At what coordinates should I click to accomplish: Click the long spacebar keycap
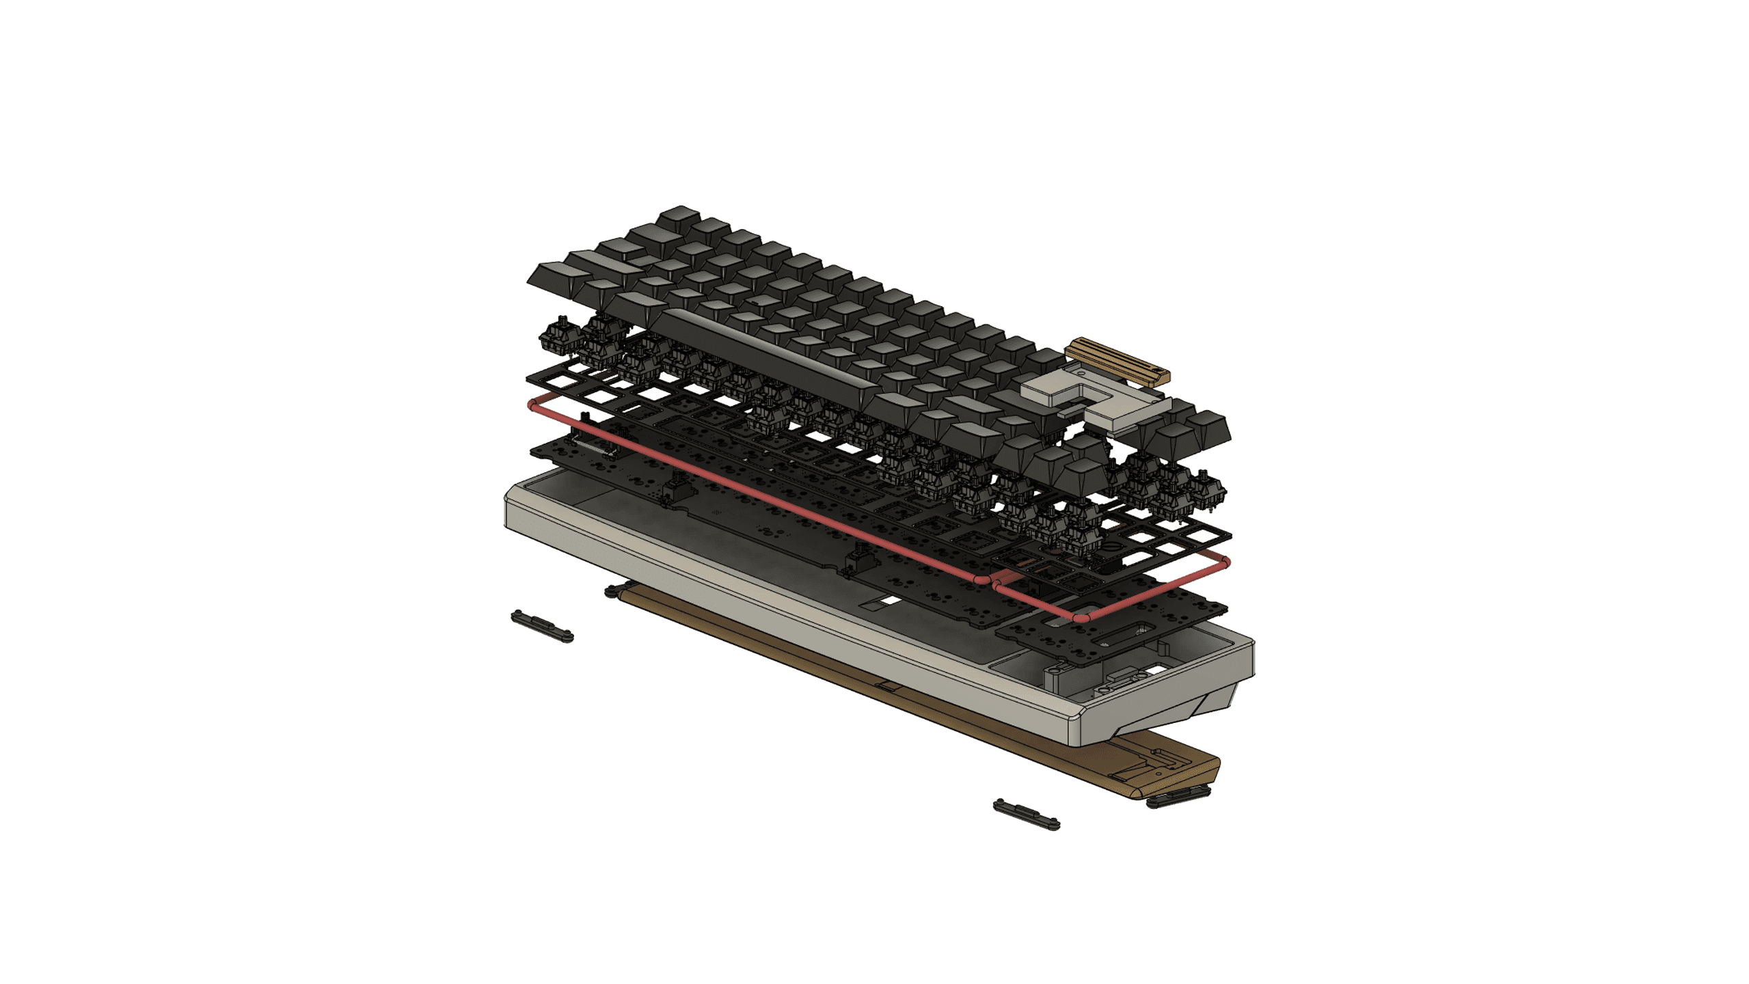pos(765,355)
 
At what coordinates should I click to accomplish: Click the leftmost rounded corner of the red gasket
pos(532,406)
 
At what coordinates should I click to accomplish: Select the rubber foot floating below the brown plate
pos(1026,814)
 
